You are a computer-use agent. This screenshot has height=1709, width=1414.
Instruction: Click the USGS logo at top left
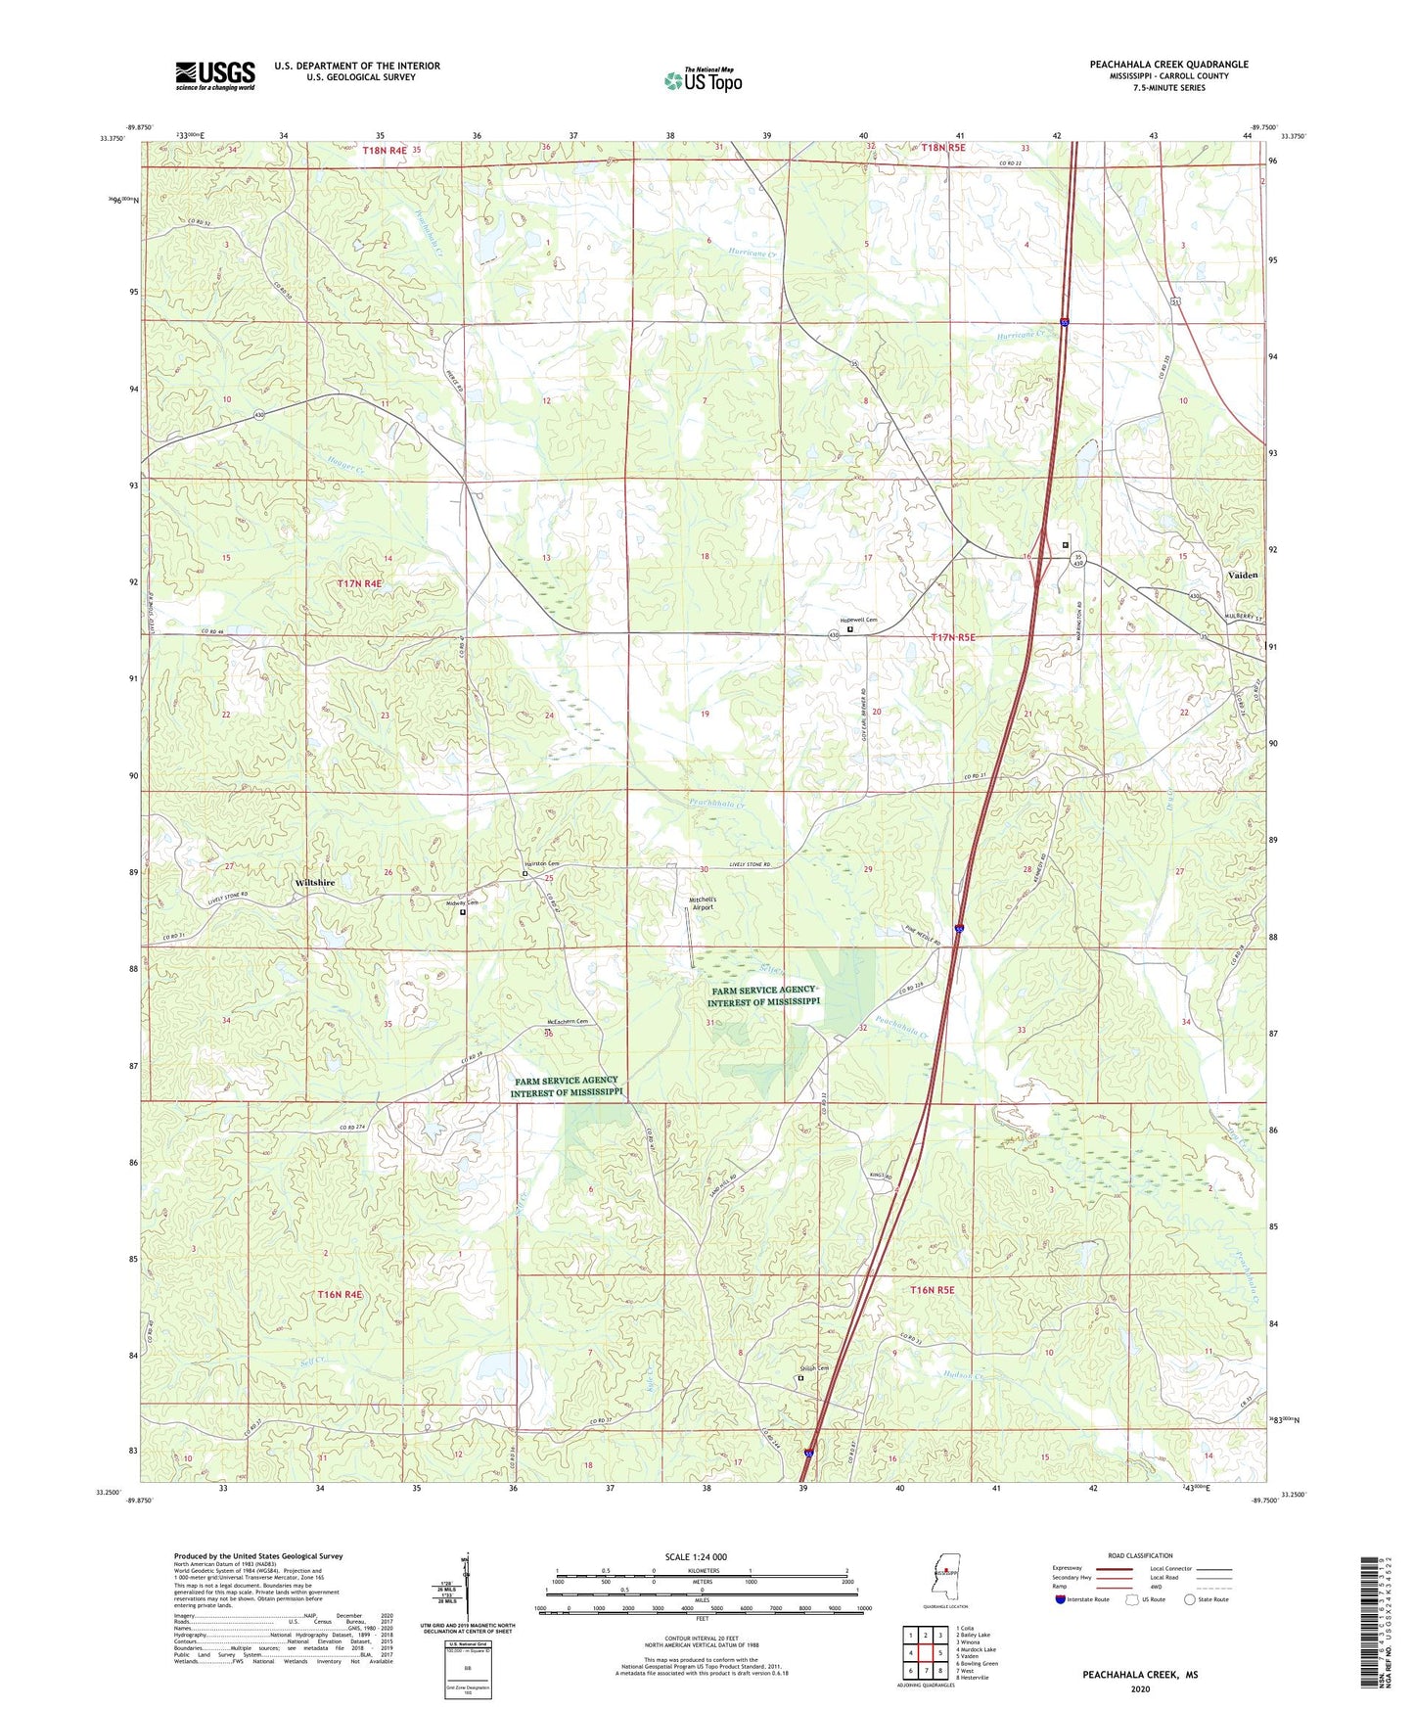214,74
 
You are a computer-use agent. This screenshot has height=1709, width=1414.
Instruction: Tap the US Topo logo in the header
703,80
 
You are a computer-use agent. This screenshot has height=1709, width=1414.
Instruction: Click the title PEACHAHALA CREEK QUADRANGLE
1168,65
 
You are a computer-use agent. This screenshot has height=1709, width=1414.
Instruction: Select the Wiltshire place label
314,882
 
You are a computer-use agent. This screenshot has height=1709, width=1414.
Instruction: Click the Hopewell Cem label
859,620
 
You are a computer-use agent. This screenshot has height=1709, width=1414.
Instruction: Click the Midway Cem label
460,902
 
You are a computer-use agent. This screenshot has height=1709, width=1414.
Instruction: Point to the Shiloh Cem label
814,1368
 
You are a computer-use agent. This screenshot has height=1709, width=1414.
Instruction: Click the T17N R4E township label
359,583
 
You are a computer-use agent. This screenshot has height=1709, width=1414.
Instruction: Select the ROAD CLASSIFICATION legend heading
1140,1555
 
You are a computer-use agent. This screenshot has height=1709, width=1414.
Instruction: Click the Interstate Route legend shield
1061,1599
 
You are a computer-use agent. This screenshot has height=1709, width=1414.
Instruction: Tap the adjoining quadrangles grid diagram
925,1651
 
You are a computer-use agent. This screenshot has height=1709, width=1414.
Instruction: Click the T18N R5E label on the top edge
942,148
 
